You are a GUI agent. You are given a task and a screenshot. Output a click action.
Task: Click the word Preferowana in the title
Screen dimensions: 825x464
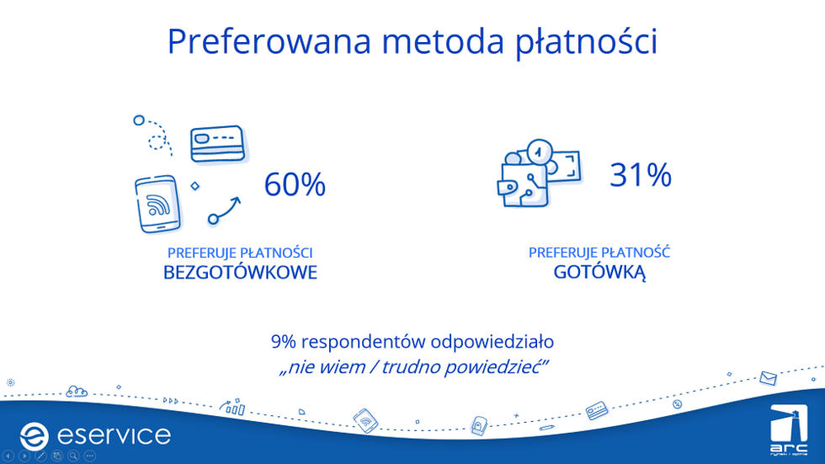click(x=269, y=41)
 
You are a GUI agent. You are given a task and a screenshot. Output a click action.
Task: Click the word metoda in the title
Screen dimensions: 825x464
click(x=443, y=41)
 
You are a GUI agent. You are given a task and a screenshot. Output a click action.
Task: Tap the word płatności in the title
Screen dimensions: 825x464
click(x=586, y=42)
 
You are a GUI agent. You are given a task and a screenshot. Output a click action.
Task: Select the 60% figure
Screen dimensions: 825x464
click(x=295, y=184)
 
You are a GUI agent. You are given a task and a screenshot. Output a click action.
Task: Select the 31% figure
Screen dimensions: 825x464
click(x=641, y=174)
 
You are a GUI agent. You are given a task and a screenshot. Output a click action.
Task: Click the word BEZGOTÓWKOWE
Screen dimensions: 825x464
click(x=240, y=273)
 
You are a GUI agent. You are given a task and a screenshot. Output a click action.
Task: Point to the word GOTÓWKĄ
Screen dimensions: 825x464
click(x=599, y=273)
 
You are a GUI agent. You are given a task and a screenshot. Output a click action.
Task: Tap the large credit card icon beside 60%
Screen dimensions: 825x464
click(x=218, y=143)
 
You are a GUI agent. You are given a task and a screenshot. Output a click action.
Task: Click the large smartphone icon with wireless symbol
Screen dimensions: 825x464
click(x=158, y=204)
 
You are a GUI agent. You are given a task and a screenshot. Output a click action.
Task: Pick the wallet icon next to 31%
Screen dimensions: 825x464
click(x=523, y=185)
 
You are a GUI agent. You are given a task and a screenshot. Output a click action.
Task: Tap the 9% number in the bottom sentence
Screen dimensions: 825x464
click(x=284, y=342)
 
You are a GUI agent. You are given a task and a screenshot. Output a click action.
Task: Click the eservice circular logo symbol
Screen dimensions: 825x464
click(x=35, y=436)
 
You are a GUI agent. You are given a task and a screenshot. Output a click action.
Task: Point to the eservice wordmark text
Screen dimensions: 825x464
click(x=114, y=435)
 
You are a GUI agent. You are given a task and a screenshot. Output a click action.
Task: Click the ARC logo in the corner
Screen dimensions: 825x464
click(x=789, y=429)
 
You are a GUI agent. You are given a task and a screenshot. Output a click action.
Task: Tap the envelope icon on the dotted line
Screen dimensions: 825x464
click(x=768, y=378)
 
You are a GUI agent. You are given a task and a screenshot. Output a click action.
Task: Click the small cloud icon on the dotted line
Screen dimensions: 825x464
click(x=77, y=392)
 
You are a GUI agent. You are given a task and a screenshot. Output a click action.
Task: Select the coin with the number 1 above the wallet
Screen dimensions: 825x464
click(x=540, y=152)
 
